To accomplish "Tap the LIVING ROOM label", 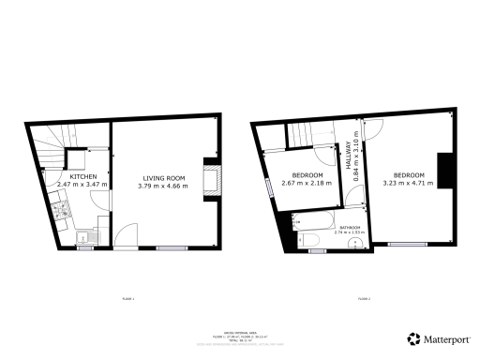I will pyautogui.click(x=163, y=177).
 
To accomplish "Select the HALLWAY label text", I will pyautogui.click(x=348, y=152).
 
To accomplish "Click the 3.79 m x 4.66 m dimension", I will pyautogui.click(x=163, y=186).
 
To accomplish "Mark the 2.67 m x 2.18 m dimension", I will pyautogui.click(x=307, y=185).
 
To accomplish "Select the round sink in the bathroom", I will pyautogui.click(x=353, y=243).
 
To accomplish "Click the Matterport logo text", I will pyautogui.click(x=446, y=338).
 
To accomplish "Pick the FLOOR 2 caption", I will pyautogui.click(x=363, y=299).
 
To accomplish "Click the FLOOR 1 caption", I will pyautogui.click(x=127, y=299).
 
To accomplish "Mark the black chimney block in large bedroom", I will pyautogui.click(x=447, y=168).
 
